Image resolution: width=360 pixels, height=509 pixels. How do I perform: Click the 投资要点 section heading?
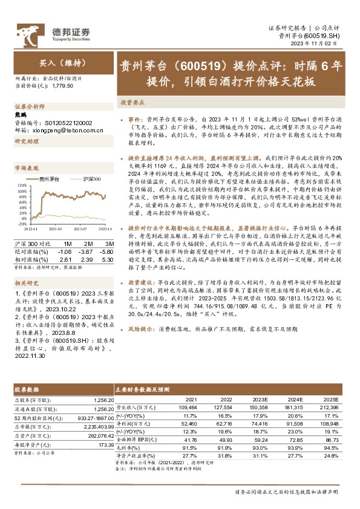tap(131, 103)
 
